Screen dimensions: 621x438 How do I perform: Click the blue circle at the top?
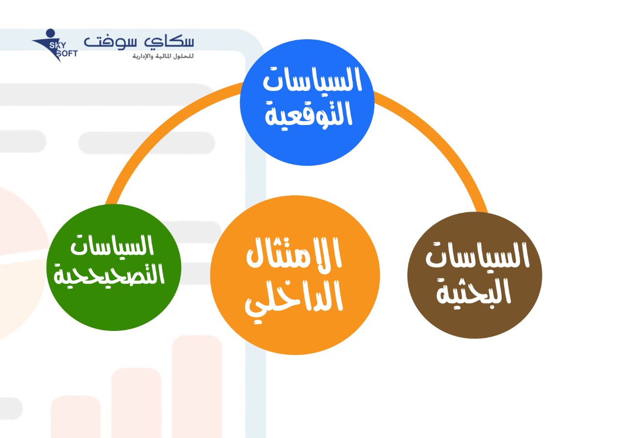coord(307,102)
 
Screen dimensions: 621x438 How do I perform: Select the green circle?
coord(114,267)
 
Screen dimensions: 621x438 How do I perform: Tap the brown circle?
coord(474,275)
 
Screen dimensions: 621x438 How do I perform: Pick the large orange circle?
coord(295,275)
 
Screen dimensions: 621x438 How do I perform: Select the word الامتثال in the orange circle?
coord(294,252)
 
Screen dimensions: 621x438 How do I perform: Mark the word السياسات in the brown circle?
coord(477,255)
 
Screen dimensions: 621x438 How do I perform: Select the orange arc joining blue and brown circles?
coord(441,139)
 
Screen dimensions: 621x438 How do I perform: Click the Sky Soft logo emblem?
coord(55,46)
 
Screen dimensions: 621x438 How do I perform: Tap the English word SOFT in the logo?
coord(67,54)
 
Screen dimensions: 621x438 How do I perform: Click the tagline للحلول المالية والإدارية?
coord(163,56)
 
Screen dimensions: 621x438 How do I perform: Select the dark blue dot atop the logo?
coord(50,32)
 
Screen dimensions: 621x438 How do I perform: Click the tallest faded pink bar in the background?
coord(197,387)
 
